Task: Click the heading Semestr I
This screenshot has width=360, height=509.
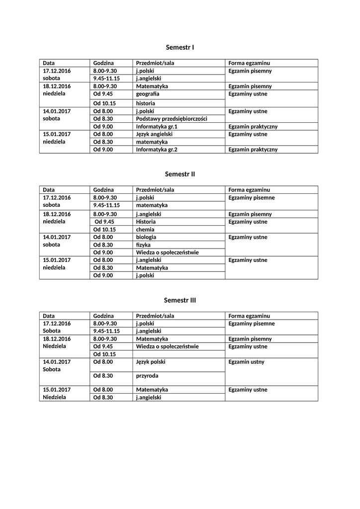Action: [x=180, y=47]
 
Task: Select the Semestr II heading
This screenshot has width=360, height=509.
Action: [x=180, y=174]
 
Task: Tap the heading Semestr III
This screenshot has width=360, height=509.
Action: [x=180, y=300]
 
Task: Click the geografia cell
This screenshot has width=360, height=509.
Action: [x=148, y=94]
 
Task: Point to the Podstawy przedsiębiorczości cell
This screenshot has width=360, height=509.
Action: [x=171, y=119]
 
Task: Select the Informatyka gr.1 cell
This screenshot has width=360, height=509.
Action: [x=157, y=127]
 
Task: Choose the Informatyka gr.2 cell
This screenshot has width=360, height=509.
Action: [x=157, y=150]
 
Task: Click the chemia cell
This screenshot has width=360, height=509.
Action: [x=145, y=230]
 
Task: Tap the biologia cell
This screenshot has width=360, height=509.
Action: [x=146, y=237]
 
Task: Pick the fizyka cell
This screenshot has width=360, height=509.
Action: [x=143, y=245]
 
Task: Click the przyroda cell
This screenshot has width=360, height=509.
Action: [x=147, y=376]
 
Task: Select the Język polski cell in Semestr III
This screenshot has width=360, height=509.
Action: [x=151, y=362]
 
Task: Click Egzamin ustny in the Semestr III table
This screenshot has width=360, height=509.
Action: [x=247, y=362]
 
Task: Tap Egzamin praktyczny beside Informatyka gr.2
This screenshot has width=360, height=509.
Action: [x=253, y=150]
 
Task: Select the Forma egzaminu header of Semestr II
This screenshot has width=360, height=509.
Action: [x=249, y=190]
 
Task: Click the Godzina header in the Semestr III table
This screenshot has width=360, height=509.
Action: [x=103, y=316]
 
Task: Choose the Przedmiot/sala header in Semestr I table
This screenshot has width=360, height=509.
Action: [x=155, y=63]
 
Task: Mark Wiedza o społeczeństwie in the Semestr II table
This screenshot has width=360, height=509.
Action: [x=167, y=253]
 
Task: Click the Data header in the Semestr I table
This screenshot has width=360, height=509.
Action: [x=49, y=63]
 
